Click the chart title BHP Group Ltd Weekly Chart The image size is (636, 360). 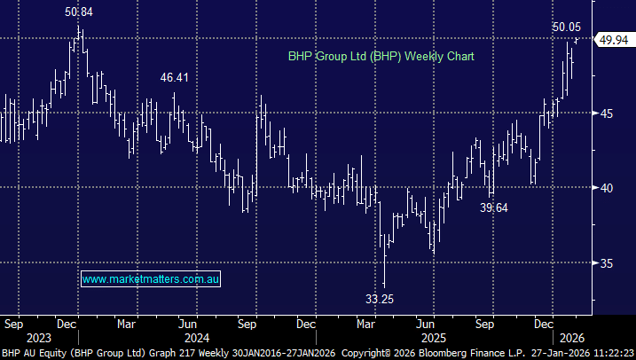(381, 55)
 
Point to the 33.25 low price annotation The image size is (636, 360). (379, 299)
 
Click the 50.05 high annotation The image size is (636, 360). (567, 27)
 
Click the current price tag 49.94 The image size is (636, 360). (614, 40)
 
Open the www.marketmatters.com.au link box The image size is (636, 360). (151, 279)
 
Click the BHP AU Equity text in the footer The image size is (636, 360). (32, 352)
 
